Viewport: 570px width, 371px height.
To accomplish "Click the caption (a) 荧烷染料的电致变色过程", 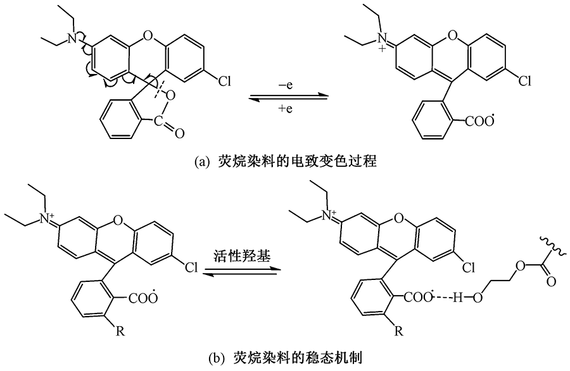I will pyautogui.click(x=286, y=163).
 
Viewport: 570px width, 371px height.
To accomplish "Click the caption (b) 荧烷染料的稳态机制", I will pyautogui.click(x=286, y=358).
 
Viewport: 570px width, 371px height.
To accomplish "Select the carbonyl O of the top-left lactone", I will pyautogui.click(x=179, y=132).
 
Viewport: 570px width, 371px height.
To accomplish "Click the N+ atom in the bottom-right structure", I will pyautogui.click(x=329, y=218).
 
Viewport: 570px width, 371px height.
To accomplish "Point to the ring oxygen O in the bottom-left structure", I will pyautogui.click(x=114, y=220).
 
